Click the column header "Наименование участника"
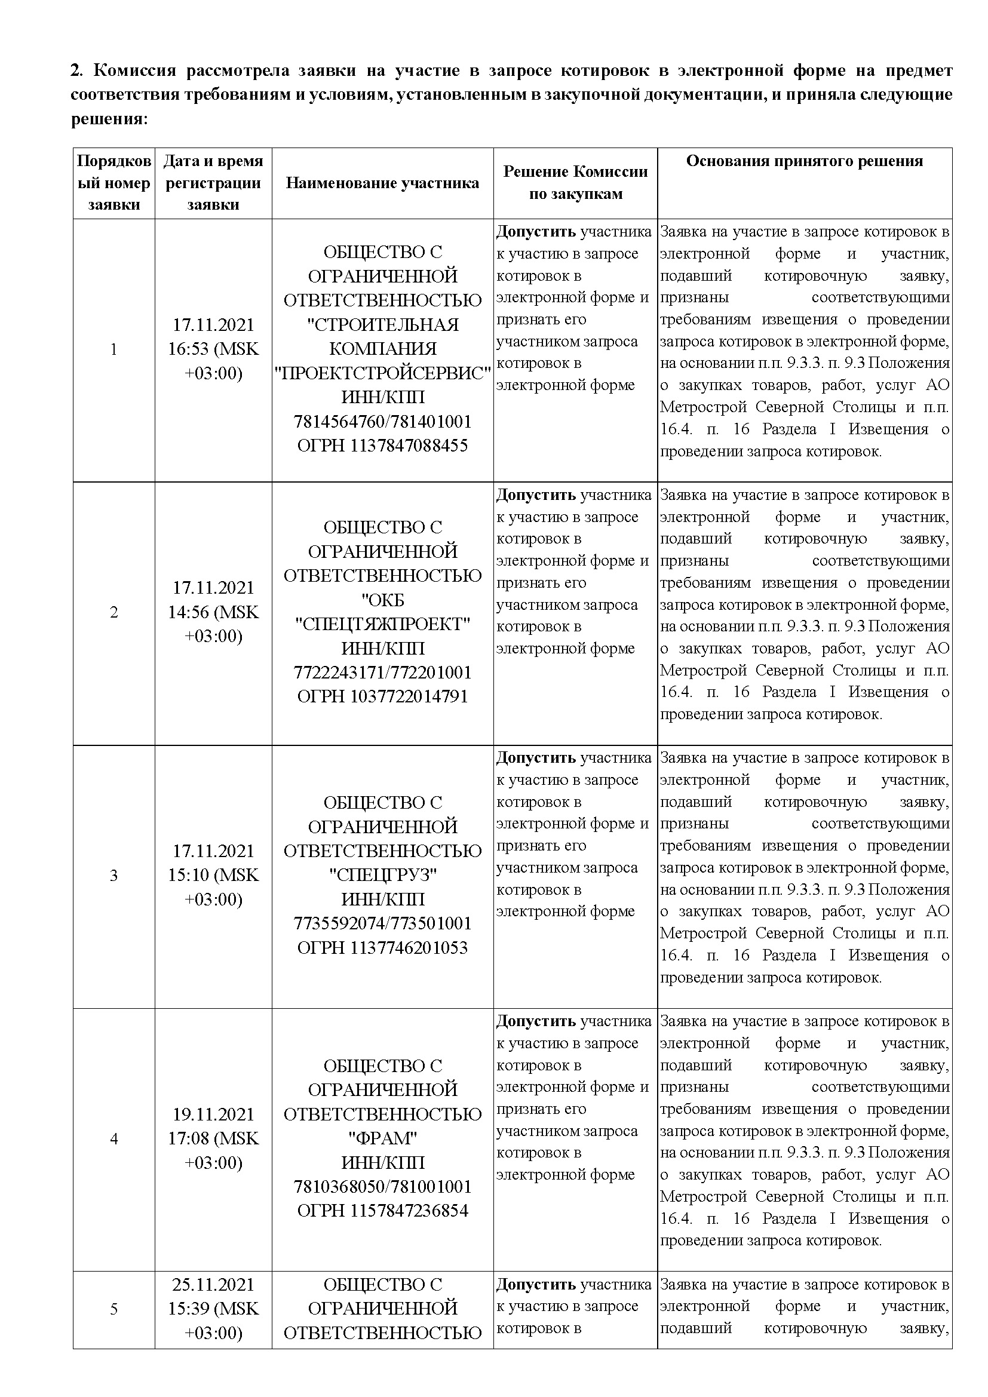pyautogui.click(x=382, y=183)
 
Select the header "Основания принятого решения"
pyautogui.click(x=804, y=161)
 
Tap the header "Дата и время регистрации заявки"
pyautogui.click(x=213, y=183)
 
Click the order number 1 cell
pyautogui.click(x=113, y=350)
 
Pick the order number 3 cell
pyautogui.click(x=113, y=876)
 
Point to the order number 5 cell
pyautogui.click(x=113, y=1309)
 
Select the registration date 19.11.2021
pyautogui.click(x=213, y=1114)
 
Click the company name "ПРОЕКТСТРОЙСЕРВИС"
pyautogui.click(x=382, y=373)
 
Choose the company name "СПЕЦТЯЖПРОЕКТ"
pyautogui.click(x=382, y=624)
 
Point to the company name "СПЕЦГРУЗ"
pyautogui.click(x=382, y=875)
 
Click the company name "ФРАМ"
pyautogui.click(x=382, y=1138)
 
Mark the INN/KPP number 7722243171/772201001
pyautogui.click(x=382, y=673)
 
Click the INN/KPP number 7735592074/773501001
pyautogui.click(x=382, y=923)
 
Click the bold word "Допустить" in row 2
pyautogui.click(x=535, y=495)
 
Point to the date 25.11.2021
pyautogui.click(x=213, y=1285)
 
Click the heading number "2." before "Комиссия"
pyautogui.click(x=76, y=71)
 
